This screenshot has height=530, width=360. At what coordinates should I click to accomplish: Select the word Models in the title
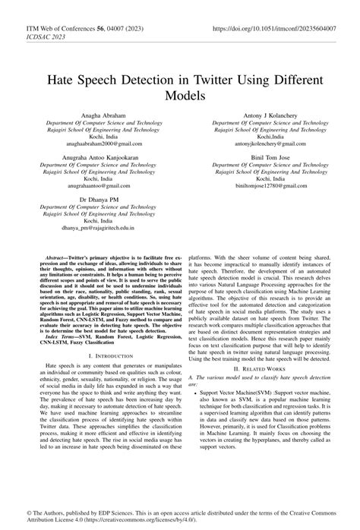[179, 97]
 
